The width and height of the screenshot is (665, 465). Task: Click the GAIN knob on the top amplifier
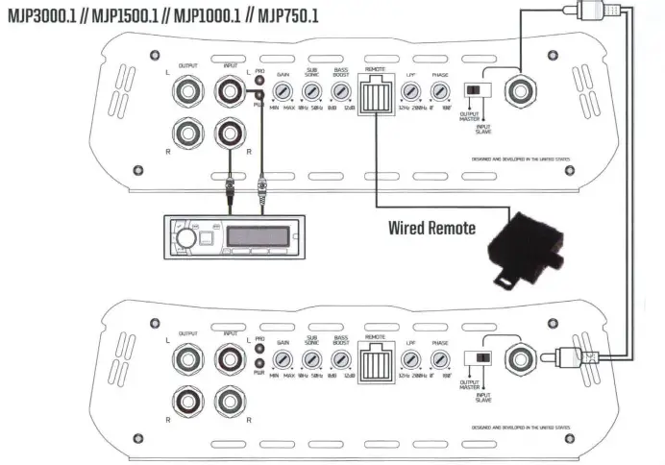[282, 93]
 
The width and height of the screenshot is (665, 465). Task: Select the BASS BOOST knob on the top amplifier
[339, 93]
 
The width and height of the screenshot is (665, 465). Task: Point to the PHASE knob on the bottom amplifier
[439, 360]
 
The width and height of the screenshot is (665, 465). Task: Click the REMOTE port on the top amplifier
[375, 96]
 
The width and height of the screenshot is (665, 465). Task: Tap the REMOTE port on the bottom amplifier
[375, 363]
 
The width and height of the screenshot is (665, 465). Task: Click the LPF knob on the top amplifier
[410, 93]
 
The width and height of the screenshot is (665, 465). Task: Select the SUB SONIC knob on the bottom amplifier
[310, 360]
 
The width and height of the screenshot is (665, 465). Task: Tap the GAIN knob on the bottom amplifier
[282, 360]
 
